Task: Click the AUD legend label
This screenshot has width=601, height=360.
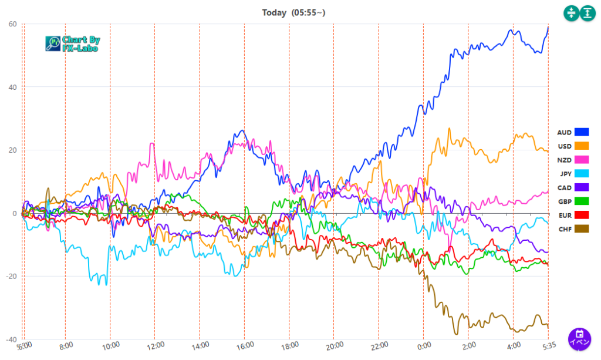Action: click(564, 133)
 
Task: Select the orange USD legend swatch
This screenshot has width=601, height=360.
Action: click(582, 146)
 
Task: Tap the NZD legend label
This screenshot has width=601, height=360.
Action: click(564, 160)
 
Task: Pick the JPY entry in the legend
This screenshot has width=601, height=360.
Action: click(565, 174)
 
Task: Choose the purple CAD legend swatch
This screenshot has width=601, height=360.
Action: click(582, 187)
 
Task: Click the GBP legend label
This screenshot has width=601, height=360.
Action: click(565, 201)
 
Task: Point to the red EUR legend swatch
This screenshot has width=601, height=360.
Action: click(582, 215)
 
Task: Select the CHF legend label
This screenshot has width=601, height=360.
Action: click(565, 228)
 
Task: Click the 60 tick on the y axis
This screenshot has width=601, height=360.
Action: click(12, 24)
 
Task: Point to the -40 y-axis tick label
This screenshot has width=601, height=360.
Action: click(11, 339)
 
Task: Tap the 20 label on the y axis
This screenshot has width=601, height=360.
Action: click(12, 150)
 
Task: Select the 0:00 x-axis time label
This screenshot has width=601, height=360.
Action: click(424, 346)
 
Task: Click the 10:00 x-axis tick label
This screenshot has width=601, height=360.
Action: click(110, 346)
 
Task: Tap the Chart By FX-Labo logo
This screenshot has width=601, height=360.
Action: click(73, 43)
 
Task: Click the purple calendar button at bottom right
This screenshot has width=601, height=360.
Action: click(579, 339)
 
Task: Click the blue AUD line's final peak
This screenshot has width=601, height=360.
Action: click(548, 27)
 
